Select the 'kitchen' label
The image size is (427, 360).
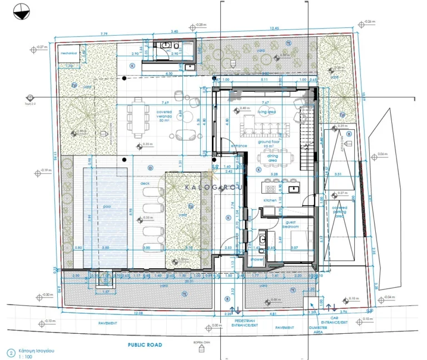point(270,200)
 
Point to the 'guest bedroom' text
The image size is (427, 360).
point(291,224)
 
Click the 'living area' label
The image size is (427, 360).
point(267,112)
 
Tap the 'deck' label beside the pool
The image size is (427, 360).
point(145,183)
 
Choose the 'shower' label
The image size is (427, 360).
point(256,259)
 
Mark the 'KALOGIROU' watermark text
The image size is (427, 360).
point(213,188)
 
